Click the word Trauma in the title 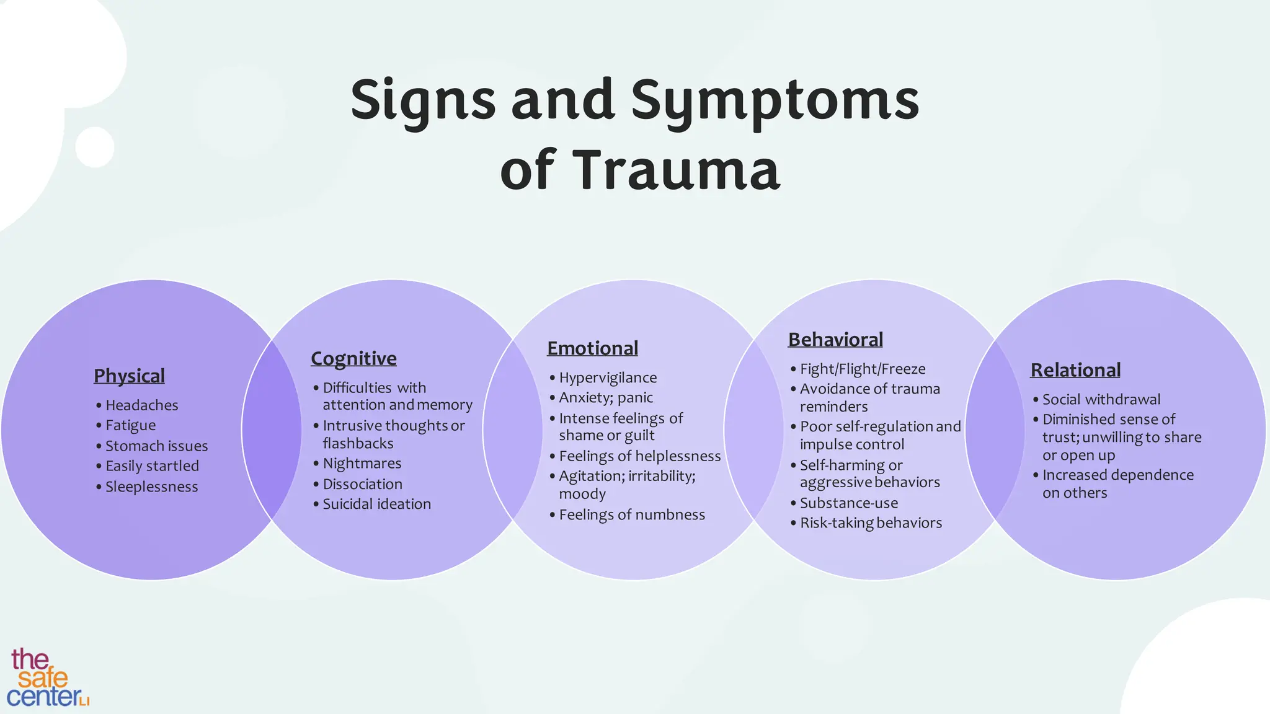click(675, 170)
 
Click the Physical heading click(129, 376)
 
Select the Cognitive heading click(353, 358)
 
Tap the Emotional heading click(592, 348)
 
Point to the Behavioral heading click(835, 340)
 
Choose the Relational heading click(1075, 370)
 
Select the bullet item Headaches click(141, 405)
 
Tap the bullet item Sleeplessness click(151, 487)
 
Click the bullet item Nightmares click(362, 464)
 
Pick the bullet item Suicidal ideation click(376, 504)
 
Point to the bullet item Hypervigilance click(608, 377)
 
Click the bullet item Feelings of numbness click(632, 514)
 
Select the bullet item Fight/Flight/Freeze click(863, 369)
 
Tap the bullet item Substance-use click(849, 503)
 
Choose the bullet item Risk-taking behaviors click(871, 523)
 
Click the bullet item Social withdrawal click(1101, 399)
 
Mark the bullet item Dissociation click(362, 484)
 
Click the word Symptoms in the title click(775, 100)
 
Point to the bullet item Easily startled click(152, 466)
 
